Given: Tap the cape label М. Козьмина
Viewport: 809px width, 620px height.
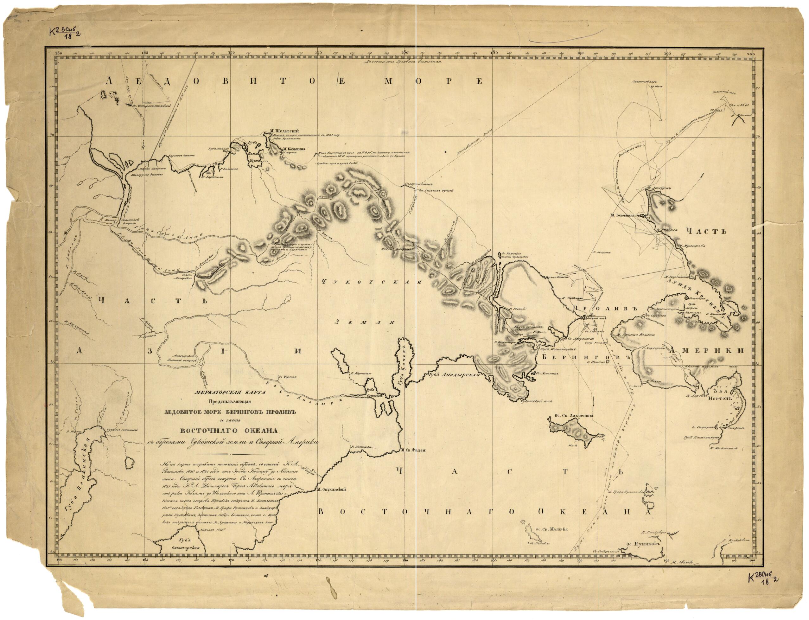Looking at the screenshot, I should click(x=293, y=150).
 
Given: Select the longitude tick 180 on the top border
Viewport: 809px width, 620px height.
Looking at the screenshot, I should click(x=405, y=52).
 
